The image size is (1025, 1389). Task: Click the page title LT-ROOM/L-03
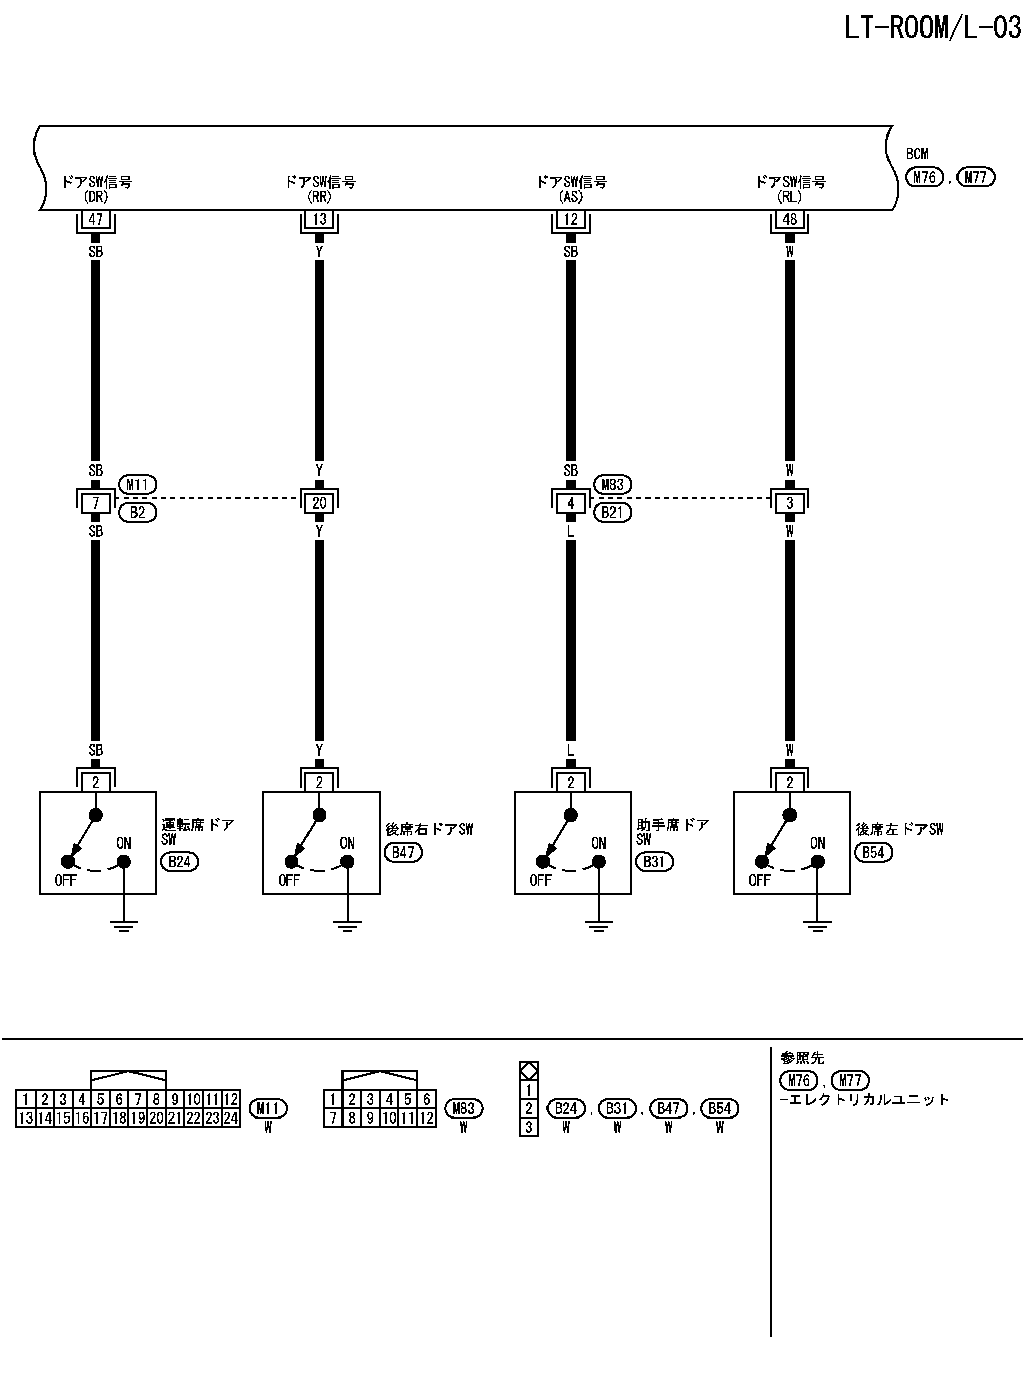point(933,28)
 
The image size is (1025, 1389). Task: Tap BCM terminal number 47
point(95,219)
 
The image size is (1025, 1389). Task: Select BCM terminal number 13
point(319,219)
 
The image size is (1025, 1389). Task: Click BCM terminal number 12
point(571,219)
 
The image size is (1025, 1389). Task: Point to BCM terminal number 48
point(789,219)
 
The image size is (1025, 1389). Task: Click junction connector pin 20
point(319,502)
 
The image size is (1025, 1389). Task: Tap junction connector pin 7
point(95,502)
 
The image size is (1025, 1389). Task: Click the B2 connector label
point(137,513)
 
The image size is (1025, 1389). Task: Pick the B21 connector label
point(612,513)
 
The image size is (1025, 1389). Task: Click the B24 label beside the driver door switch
point(179,862)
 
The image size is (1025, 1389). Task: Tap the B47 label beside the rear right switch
point(403,853)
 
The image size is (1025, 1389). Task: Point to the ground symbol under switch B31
point(598,926)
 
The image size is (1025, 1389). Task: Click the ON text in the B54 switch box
point(817,843)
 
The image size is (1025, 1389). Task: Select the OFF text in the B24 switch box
point(65,880)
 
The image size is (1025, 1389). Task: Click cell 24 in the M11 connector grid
point(231,1118)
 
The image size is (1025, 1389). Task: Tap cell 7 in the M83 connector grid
point(333,1118)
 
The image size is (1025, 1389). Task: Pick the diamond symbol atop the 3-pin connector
point(529,1071)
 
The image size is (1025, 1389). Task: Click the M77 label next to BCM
point(975,178)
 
